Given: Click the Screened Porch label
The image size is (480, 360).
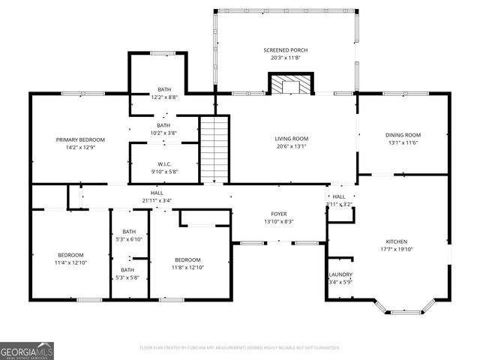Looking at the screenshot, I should click(285, 49).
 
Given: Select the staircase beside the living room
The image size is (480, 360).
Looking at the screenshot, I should click(214, 148).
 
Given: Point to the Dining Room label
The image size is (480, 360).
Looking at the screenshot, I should click(403, 135).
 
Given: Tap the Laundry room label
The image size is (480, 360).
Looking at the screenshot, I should click(340, 274).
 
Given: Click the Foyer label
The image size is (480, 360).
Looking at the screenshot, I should click(279, 214).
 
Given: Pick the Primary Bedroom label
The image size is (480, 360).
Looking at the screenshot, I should click(80, 139).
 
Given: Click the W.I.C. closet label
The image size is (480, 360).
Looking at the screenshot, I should click(164, 164).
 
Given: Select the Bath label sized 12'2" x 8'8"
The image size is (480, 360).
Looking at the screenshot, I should click(163, 89).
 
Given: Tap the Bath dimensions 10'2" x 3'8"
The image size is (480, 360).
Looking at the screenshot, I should click(163, 133).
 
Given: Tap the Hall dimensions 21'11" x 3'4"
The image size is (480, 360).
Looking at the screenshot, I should click(152, 200).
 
